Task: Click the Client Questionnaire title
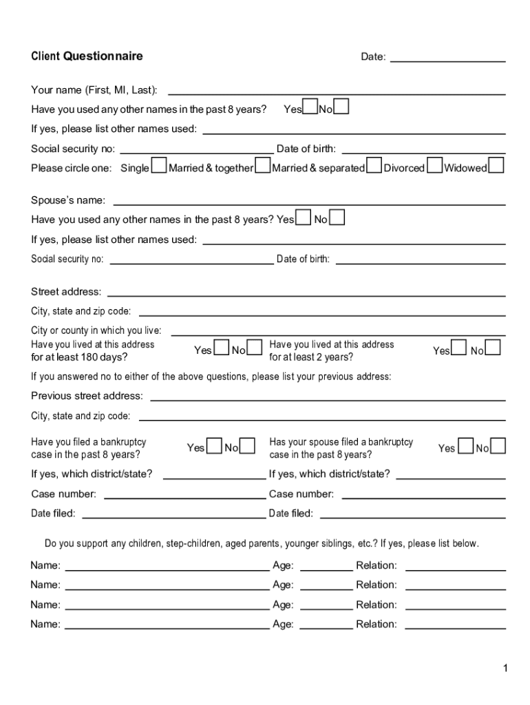click(87, 56)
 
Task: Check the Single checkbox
click(159, 166)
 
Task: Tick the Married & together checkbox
click(262, 166)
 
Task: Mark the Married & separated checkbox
click(374, 166)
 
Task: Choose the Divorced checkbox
click(435, 166)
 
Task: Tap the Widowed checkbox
click(496, 166)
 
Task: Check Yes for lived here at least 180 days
click(222, 348)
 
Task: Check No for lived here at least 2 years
click(493, 348)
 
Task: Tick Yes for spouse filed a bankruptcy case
click(465, 446)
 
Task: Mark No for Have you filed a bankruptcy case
click(247, 446)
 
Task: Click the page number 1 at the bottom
click(505, 669)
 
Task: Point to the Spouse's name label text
click(68, 200)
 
